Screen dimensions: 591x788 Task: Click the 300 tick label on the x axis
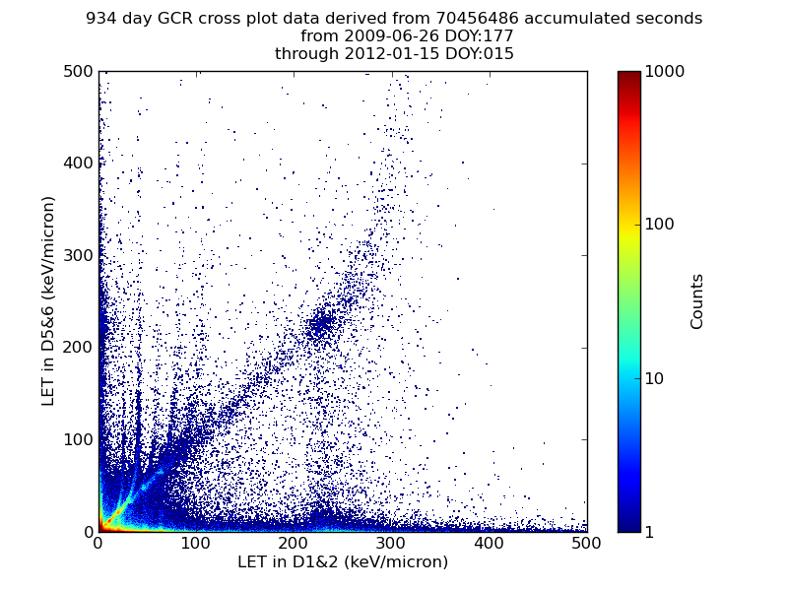(294, 543)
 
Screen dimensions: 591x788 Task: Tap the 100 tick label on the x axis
(196, 543)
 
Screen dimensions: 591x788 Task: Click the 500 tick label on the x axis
(587, 543)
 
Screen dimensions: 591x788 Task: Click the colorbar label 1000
(665, 71)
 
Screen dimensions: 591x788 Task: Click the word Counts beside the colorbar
(697, 301)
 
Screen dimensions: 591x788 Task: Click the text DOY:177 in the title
(452, 36)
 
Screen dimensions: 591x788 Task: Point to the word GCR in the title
(178, 19)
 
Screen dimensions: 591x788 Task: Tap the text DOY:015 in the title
(479, 54)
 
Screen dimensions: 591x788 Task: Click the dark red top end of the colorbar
(628, 75)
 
